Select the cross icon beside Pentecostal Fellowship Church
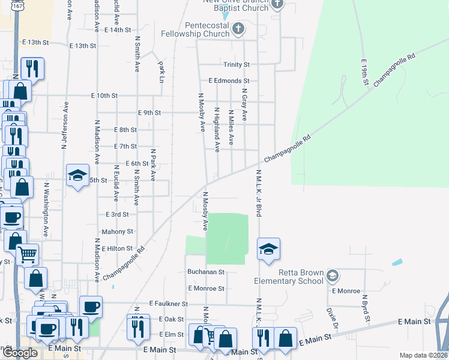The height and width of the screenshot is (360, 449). pos(238,28)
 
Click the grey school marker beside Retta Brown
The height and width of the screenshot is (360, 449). pos(333,276)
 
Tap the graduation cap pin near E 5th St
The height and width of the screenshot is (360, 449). pos(77,175)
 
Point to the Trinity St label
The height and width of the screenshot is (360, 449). pos(237,64)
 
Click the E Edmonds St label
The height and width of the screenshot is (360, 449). pos(229,80)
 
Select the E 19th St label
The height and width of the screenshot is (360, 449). pos(364,72)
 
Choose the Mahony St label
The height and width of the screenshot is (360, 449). pos(117,231)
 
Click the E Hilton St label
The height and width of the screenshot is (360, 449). pos(116,248)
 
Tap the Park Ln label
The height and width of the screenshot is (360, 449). pos(160,71)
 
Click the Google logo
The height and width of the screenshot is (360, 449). pos(20,353)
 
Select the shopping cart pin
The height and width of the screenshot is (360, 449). pos(27,254)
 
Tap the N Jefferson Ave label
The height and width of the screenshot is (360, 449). pos(63,133)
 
